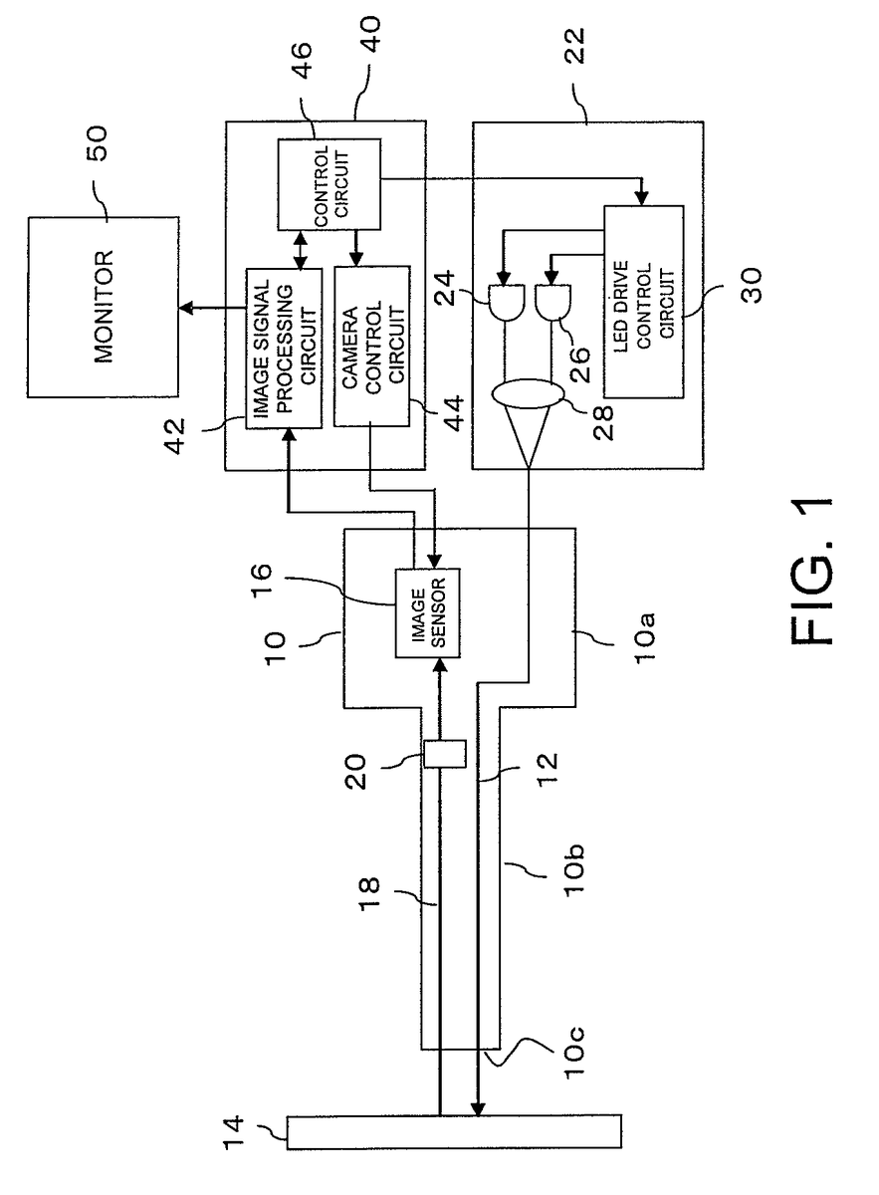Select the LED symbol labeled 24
pyautogui.click(x=506, y=303)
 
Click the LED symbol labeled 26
pyautogui.click(x=552, y=303)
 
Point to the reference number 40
pyautogui.click(x=368, y=34)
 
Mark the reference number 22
pyautogui.click(x=573, y=46)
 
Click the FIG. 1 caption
pyautogui.click(x=810, y=572)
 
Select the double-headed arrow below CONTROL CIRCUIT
pyautogui.click(x=302, y=250)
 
